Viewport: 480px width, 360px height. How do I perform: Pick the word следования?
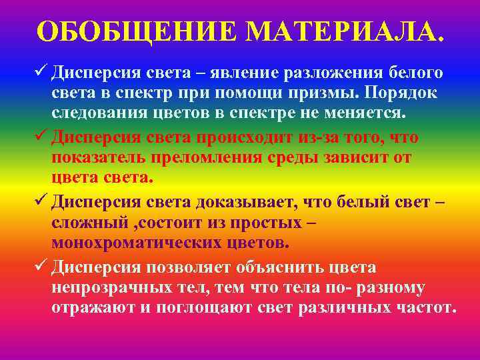coord(99,114)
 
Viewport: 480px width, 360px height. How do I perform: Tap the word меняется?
coord(368,114)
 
